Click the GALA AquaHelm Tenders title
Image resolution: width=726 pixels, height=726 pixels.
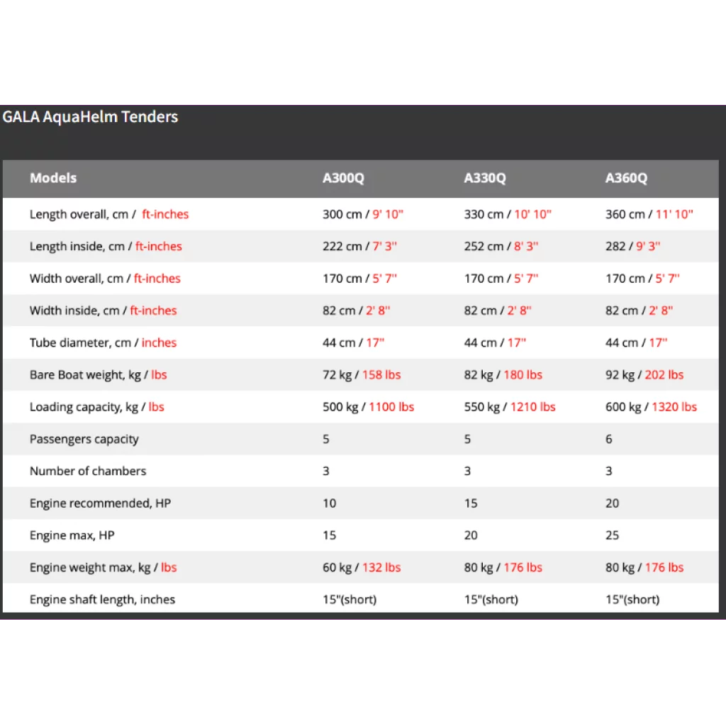(90, 117)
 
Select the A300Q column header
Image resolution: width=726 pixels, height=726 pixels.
(343, 178)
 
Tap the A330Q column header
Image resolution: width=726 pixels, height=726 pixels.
(485, 178)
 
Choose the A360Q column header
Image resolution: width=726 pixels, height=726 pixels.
(626, 178)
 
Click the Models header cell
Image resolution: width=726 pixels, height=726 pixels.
(53, 178)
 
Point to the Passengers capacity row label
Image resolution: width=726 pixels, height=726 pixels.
(84, 439)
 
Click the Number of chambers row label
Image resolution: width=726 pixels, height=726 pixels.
(88, 471)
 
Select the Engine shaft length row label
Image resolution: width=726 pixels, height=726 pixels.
(102, 599)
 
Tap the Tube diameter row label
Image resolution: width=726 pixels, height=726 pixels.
(103, 342)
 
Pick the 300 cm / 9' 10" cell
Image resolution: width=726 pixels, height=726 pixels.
(363, 214)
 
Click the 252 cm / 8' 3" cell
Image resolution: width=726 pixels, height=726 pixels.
(501, 246)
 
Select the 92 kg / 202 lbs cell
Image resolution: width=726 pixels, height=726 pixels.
(644, 374)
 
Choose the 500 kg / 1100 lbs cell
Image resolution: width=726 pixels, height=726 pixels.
(368, 407)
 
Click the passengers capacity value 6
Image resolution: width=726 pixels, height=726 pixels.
(609, 439)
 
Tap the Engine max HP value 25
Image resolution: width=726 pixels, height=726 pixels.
(613, 535)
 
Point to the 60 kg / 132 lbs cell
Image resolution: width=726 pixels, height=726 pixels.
(362, 567)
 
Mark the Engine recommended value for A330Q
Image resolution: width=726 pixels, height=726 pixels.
(471, 503)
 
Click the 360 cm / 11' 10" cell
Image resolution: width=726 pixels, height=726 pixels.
(649, 214)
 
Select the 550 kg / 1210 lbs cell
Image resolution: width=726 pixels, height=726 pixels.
(510, 407)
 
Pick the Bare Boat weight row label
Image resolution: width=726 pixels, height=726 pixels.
(99, 374)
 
